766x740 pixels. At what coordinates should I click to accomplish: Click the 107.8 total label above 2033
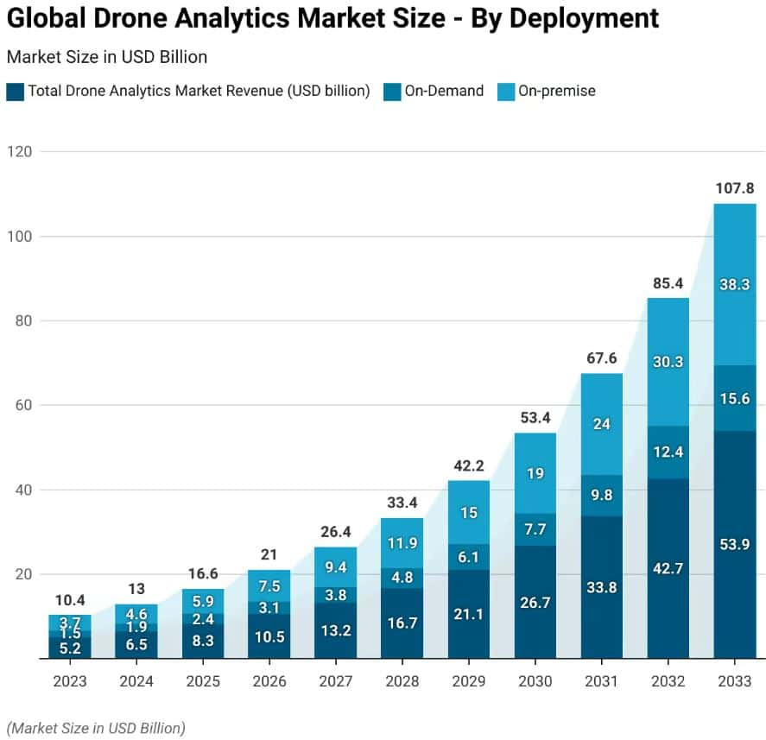[x=735, y=187]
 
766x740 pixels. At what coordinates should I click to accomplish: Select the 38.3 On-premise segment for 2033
[x=735, y=283]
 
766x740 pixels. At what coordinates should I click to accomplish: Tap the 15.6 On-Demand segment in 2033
[x=735, y=398]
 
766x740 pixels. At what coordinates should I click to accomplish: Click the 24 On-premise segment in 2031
[x=602, y=424]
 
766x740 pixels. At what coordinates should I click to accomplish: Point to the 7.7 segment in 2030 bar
[x=535, y=529]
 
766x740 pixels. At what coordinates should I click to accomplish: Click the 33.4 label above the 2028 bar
[x=402, y=502]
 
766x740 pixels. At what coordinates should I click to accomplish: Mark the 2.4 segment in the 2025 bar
[x=203, y=618]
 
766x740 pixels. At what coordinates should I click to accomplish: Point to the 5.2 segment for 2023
[x=70, y=647]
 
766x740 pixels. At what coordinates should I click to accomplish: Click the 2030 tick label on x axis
[x=535, y=681]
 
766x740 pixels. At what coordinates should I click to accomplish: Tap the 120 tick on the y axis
[x=20, y=152]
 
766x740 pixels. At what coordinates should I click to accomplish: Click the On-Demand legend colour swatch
[x=391, y=92]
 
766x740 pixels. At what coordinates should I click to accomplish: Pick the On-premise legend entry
[x=556, y=92]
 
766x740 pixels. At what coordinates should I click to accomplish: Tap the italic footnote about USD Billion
[x=96, y=727]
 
